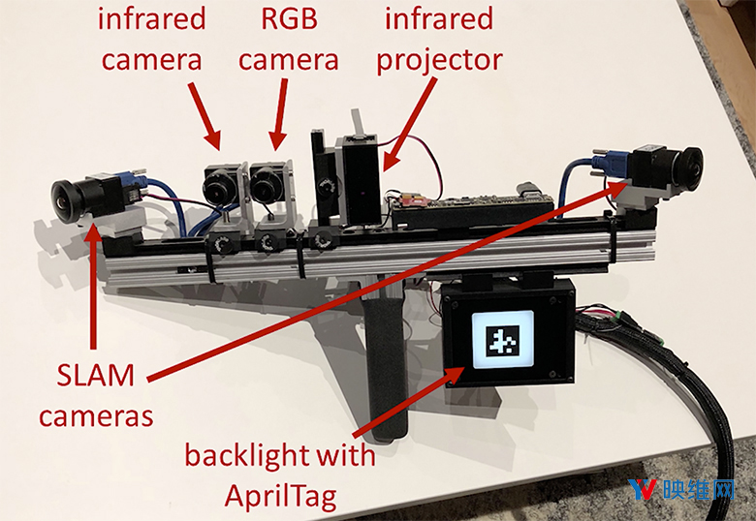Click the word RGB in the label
coord(289,19)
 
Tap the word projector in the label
coord(439,61)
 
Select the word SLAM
coord(95,375)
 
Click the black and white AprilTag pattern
coord(502,341)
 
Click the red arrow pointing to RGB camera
coord(280,113)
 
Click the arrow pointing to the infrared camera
coord(205,115)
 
